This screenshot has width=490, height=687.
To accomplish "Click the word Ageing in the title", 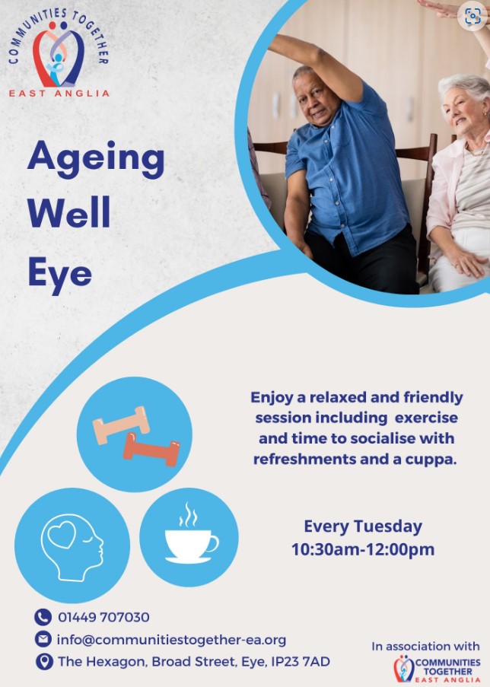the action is tap(96, 160).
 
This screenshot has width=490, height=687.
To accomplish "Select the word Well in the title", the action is tap(68, 212).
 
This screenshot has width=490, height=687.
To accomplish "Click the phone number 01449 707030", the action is tap(103, 617).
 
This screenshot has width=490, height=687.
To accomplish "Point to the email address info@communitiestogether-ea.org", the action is tap(171, 640).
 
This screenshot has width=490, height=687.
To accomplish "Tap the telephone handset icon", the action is tap(43, 617).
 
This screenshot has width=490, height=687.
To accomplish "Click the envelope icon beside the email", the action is tap(43, 639).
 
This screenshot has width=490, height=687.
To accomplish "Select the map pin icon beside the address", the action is tap(44, 662).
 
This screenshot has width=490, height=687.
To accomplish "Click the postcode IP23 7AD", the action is tap(301, 662).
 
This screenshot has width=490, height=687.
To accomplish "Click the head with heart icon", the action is tap(72, 547).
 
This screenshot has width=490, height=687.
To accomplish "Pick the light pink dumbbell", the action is tap(121, 425).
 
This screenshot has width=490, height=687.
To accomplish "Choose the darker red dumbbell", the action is tap(151, 450).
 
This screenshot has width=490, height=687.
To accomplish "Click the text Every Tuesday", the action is tap(363, 526).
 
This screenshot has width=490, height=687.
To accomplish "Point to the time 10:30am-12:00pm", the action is tap(363, 549).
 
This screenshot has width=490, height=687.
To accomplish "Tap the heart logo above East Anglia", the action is tap(59, 54).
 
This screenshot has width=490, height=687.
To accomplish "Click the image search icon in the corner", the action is tap(473, 16).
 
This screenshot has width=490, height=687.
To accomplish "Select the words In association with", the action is tap(425, 646).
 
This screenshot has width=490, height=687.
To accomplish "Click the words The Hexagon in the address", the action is tap(102, 662).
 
